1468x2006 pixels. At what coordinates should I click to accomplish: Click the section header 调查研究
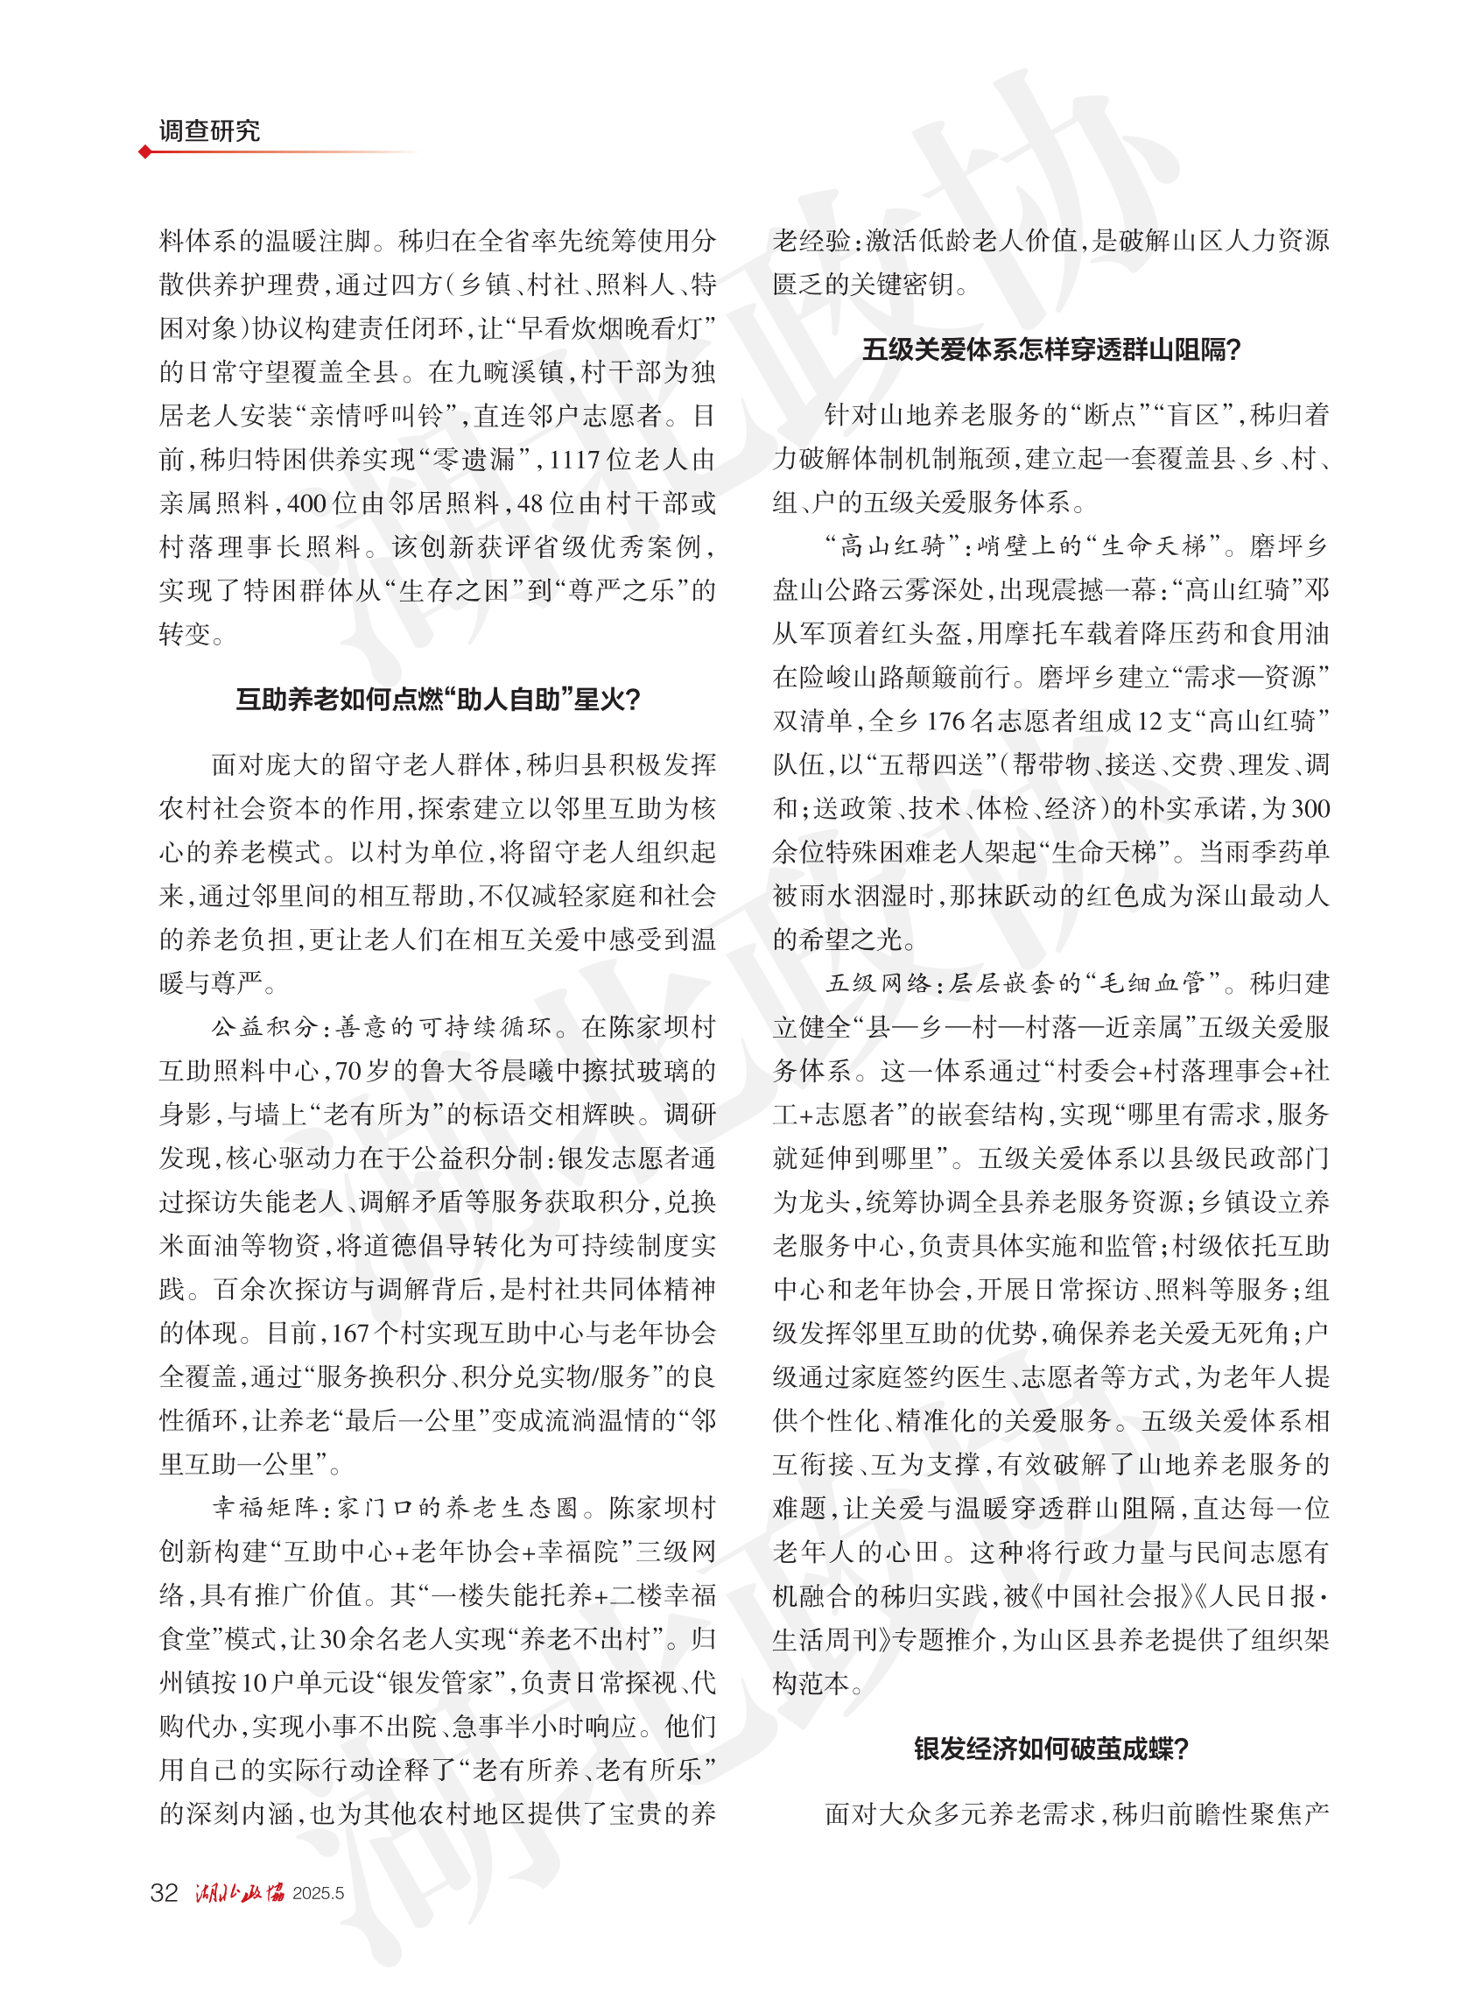tap(209, 131)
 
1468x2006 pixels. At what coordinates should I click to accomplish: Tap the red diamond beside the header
tap(144, 152)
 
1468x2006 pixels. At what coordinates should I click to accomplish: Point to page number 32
tap(165, 1892)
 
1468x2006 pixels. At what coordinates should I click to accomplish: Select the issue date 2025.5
tap(318, 1893)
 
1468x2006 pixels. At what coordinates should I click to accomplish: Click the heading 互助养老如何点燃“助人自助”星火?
tap(437, 700)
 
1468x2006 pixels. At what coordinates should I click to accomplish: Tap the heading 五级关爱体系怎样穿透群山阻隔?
tap(1050, 350)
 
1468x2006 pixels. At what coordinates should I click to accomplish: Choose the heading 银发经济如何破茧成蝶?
tap(1050, 1750)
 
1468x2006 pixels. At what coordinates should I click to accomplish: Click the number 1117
tap(576, 460)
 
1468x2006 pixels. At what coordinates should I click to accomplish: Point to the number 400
tap(306, 503)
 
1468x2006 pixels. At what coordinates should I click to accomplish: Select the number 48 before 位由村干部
tap(530, 503)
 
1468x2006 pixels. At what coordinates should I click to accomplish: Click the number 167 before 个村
tap(351, 1334)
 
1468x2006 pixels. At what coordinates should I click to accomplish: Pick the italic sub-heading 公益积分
tap(263, 1027)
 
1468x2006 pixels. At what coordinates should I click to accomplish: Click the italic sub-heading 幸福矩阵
tap(263, 1509)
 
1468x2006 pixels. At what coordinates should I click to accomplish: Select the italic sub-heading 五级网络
tap(878, 983)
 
